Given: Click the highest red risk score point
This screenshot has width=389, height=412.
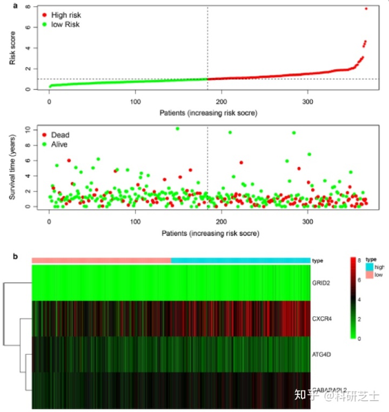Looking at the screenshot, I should click(366, 9).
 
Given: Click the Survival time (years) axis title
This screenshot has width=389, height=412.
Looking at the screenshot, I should click(12, 168).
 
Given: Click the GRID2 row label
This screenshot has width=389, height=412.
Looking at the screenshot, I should click(322, 282).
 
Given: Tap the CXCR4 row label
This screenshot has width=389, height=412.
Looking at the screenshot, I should click(323, 318).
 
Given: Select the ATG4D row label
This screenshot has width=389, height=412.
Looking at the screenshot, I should click(323, 354).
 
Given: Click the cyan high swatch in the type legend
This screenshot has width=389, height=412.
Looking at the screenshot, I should click(370, 267).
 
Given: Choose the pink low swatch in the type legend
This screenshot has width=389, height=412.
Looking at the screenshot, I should click(370, 275).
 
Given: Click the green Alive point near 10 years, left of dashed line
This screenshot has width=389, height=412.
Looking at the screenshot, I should click(177, 129).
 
